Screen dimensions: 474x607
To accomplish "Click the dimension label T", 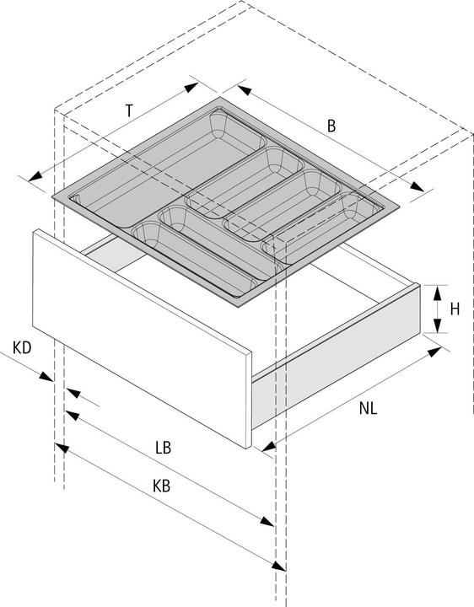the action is coord(129,111).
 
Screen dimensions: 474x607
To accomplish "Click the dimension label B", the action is coord(331,126).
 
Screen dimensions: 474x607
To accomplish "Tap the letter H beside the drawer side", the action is coord(455,309).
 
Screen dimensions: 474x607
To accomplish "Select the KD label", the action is coord(22,347).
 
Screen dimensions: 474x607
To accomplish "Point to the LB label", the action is coord(163,448).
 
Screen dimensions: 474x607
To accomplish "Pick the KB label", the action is coord(161,486).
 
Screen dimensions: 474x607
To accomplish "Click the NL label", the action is coord(368,408).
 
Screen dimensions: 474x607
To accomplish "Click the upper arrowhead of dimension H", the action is coord(437,293).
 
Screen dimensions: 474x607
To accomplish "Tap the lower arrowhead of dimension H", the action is coord(437,325).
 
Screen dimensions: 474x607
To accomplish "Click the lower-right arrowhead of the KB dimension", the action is coord(278,566).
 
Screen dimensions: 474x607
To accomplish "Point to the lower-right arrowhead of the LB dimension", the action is coord(267,521).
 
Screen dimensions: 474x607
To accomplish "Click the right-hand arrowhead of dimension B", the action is coord(417,186).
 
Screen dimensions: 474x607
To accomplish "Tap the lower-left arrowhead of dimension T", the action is coord(35,176).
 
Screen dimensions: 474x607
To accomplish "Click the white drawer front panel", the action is coord(142,337).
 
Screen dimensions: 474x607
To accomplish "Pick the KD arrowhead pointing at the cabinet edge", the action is coord(46,376).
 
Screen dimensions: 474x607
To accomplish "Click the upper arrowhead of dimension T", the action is coord(191,88).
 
